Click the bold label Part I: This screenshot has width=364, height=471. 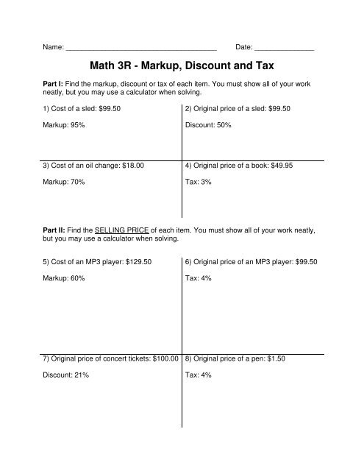[52, 85]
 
